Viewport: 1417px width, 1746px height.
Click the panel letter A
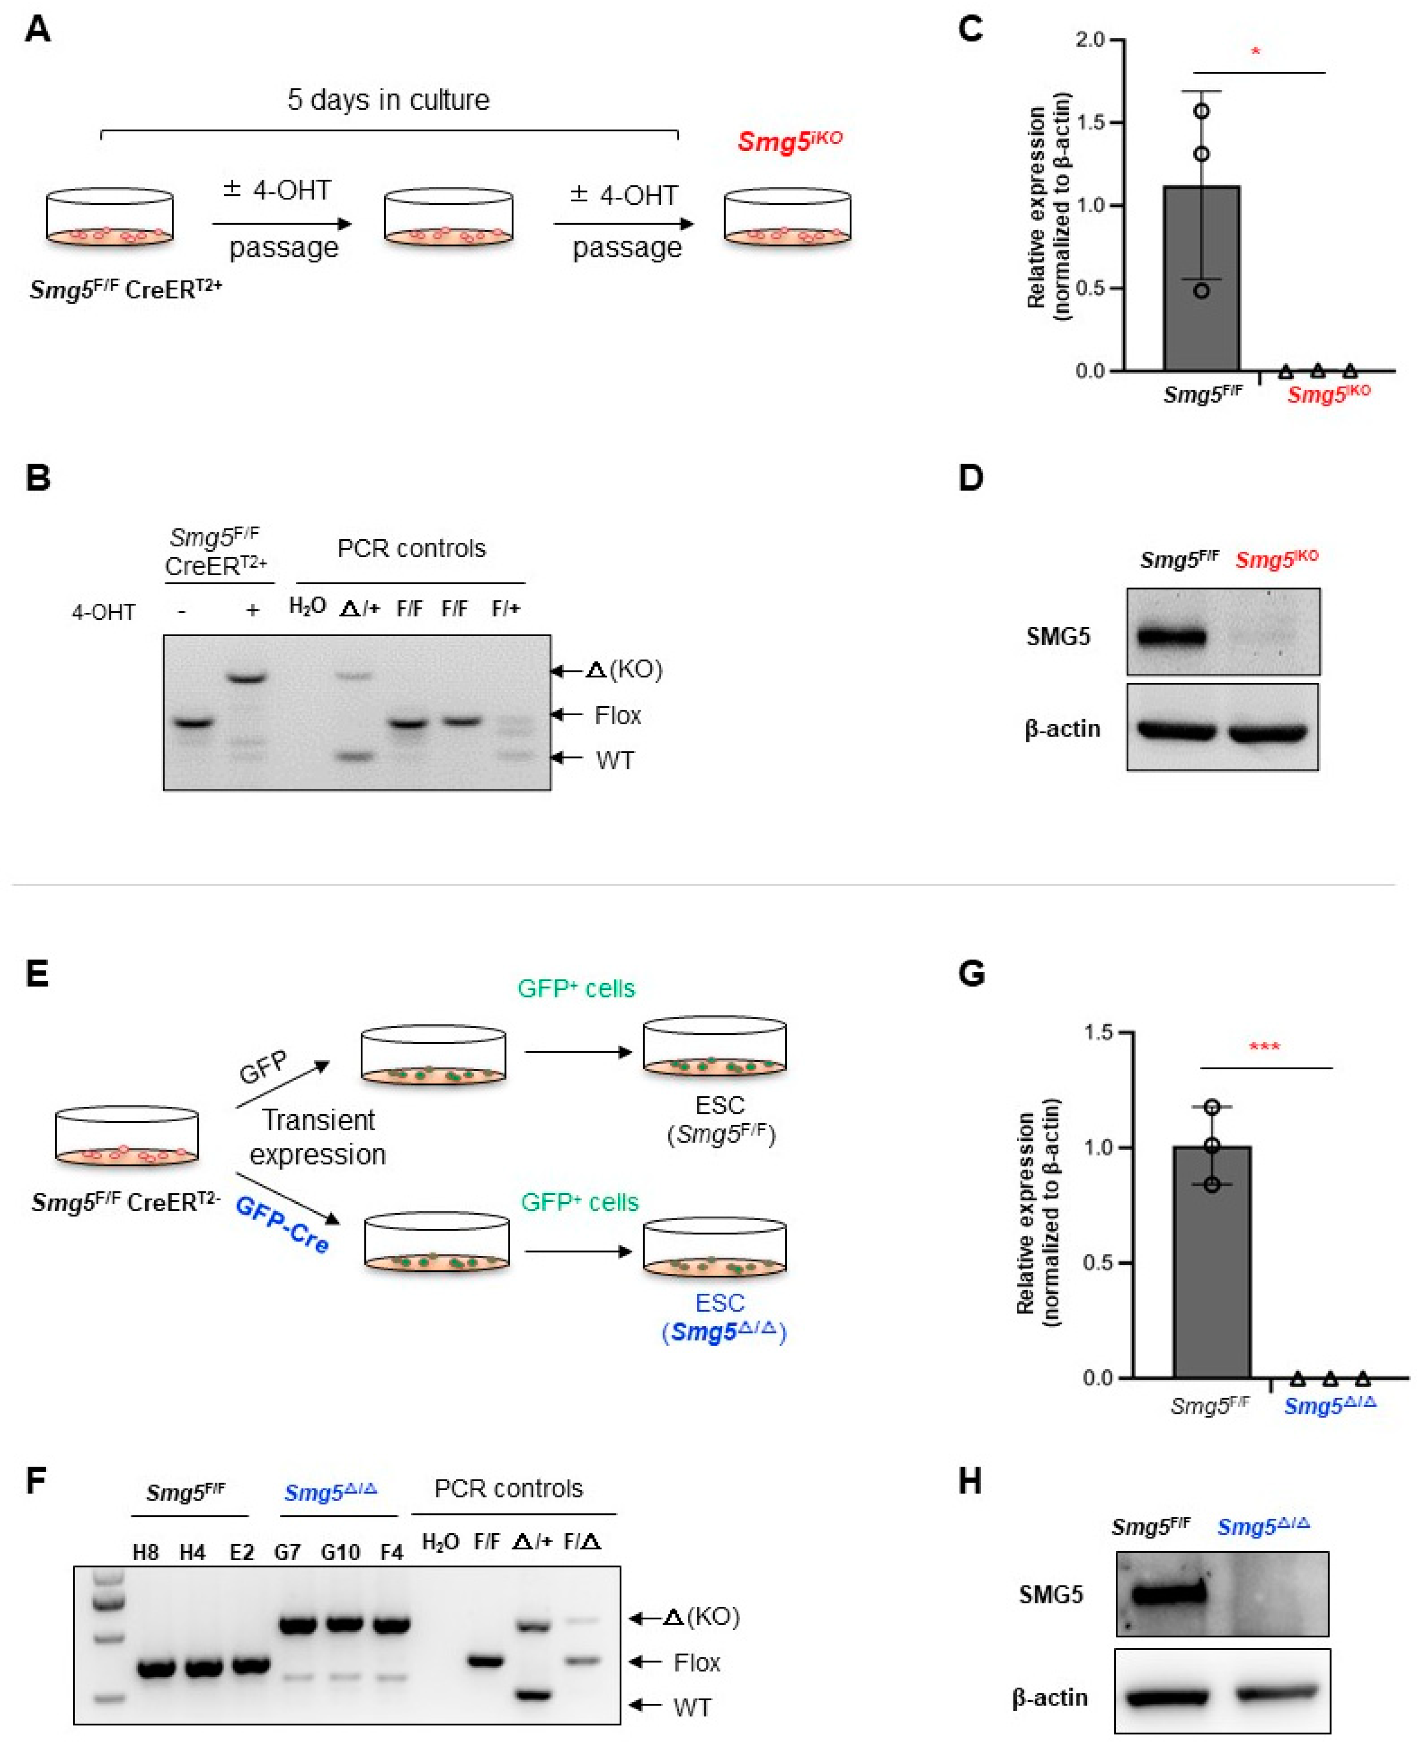[x=38, y=30]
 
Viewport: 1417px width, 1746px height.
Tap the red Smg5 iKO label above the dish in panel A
[x=789, y=141]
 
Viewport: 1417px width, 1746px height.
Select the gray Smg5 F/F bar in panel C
[x=1201, y=277]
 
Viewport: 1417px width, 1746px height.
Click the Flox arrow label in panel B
[x=617, y=716]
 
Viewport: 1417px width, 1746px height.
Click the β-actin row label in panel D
[x=1062, y=729]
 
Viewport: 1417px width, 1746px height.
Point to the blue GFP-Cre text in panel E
[x=282, y=1225]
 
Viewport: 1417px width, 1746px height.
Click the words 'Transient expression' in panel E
[x=318, y=1137]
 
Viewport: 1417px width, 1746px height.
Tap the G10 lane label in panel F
[x=340, y=1552]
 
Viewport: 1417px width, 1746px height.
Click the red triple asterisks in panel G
[x=1264, y=1047]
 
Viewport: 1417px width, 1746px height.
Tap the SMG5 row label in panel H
[x=1051, y=1594]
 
